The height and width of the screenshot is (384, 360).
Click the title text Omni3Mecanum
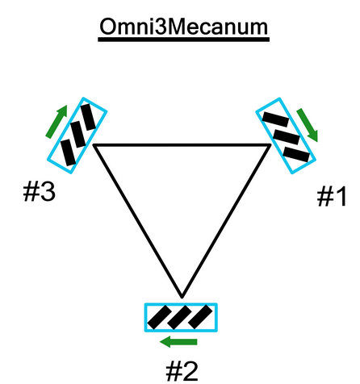pyautogui.click(x=184, y=27)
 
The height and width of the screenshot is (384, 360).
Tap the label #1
pyautogui.click(x=332, y=197)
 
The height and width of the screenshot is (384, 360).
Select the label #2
pyautogui.click(x=182, y=371)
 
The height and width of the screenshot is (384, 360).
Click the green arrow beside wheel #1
pyautogui.click(x=308, y=125)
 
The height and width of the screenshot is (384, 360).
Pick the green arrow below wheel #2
pyautogui.click(x=178, y=342)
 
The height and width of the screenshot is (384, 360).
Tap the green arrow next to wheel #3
pyautogui.click(x=57, y=122)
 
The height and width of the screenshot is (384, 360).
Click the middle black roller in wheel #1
pyautogui.click(x=287, y=137)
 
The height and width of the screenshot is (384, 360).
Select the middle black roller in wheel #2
pyautogui.click(x=180, y=317)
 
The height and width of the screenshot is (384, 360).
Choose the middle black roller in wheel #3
pyautogui.click(x=77, y=134)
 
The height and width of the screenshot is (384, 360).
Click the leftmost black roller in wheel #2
pyautogui.click(x=159, y=317)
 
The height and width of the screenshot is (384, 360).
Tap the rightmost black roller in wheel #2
pyautogui.click(x=200, y=317)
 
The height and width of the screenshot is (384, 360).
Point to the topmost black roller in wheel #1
pyautogui.click(x=275, y=119)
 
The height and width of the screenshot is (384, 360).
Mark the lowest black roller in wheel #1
pyautogui.click(x=296, y=154)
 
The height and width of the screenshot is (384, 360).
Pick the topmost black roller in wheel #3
pyautogui.click(x=88, y=117)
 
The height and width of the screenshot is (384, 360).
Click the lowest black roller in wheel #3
pyautogui.click(x=69, y=152)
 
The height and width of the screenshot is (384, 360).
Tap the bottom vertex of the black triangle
pyautogui.click(x=182, y=298)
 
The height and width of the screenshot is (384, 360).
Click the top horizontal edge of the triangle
pyautogui.click(x=182, y=145)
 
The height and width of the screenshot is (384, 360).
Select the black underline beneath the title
pyautogui.click(x=184, y=40)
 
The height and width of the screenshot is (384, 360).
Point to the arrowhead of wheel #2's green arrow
pyautogui.click(x=165, y=342)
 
